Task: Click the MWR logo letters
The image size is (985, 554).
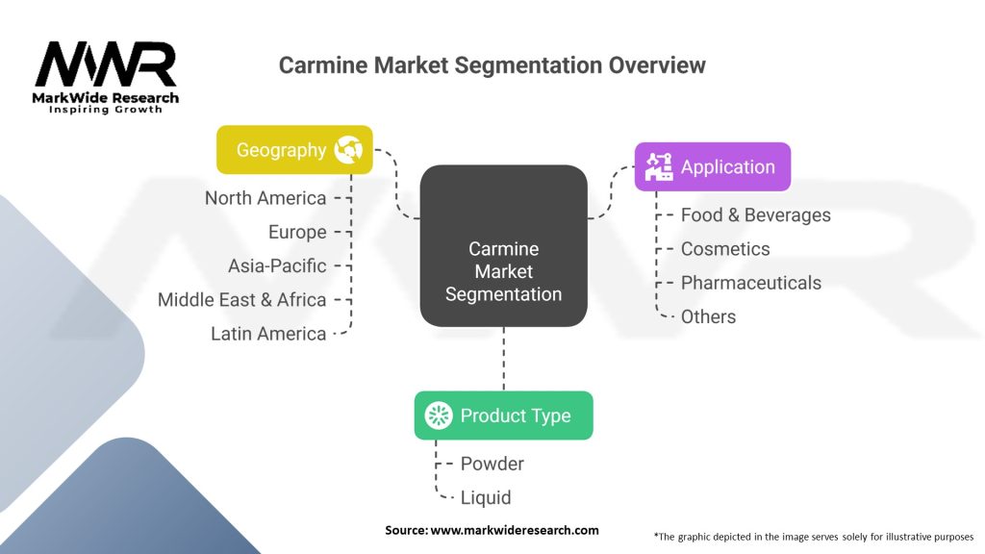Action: tap(106, 63)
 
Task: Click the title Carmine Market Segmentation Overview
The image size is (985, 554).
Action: tap(492, 65)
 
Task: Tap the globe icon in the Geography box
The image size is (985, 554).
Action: tap(348, 149)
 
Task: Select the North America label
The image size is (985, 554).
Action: tap(265, 198)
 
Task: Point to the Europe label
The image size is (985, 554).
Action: tap(297, 232)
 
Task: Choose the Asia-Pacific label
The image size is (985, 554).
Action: tap(277, 265)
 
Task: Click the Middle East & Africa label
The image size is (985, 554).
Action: tap(241, 300)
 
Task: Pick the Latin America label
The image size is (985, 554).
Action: tap(268, 334)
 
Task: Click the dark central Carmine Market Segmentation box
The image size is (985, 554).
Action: tap(504, 245)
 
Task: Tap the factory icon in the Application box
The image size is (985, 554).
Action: tap(659, 166)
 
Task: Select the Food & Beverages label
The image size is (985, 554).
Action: tap(756, 214)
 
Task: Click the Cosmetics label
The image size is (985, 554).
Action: tap(725, 249)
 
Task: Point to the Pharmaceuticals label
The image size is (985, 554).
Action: tap(751, 283)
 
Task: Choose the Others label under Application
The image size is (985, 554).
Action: tap(709, 316)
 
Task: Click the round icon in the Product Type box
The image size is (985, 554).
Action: tap(439, 415)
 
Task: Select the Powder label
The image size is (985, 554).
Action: tap(492, 464)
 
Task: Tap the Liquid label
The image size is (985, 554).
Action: tap(486, 497)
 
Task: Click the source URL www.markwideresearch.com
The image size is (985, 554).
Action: tap(515, 530)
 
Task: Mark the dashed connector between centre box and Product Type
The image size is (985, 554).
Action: tap(504, 359)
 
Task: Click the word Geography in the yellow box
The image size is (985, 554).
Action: tap(282, 150)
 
